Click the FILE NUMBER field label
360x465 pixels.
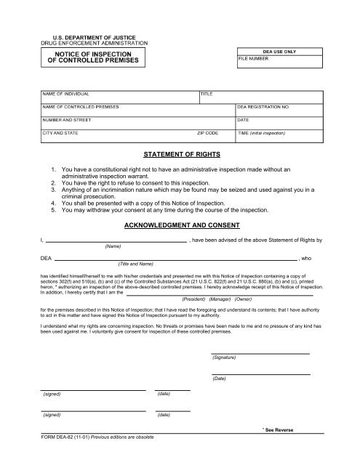pos(254,60)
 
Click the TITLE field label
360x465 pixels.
pos(207,94)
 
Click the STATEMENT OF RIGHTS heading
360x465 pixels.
pos(180,154)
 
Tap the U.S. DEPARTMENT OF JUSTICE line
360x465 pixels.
pos(94,36)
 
